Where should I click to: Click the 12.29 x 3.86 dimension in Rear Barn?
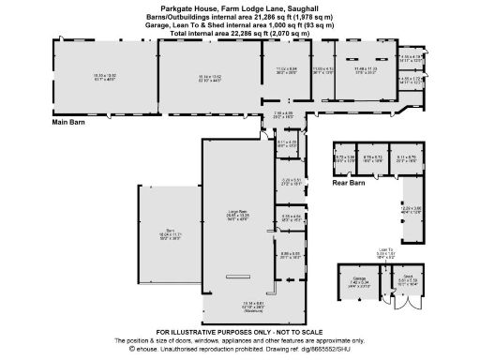click(412, 209)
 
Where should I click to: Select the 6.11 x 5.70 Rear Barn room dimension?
click(406, 158)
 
